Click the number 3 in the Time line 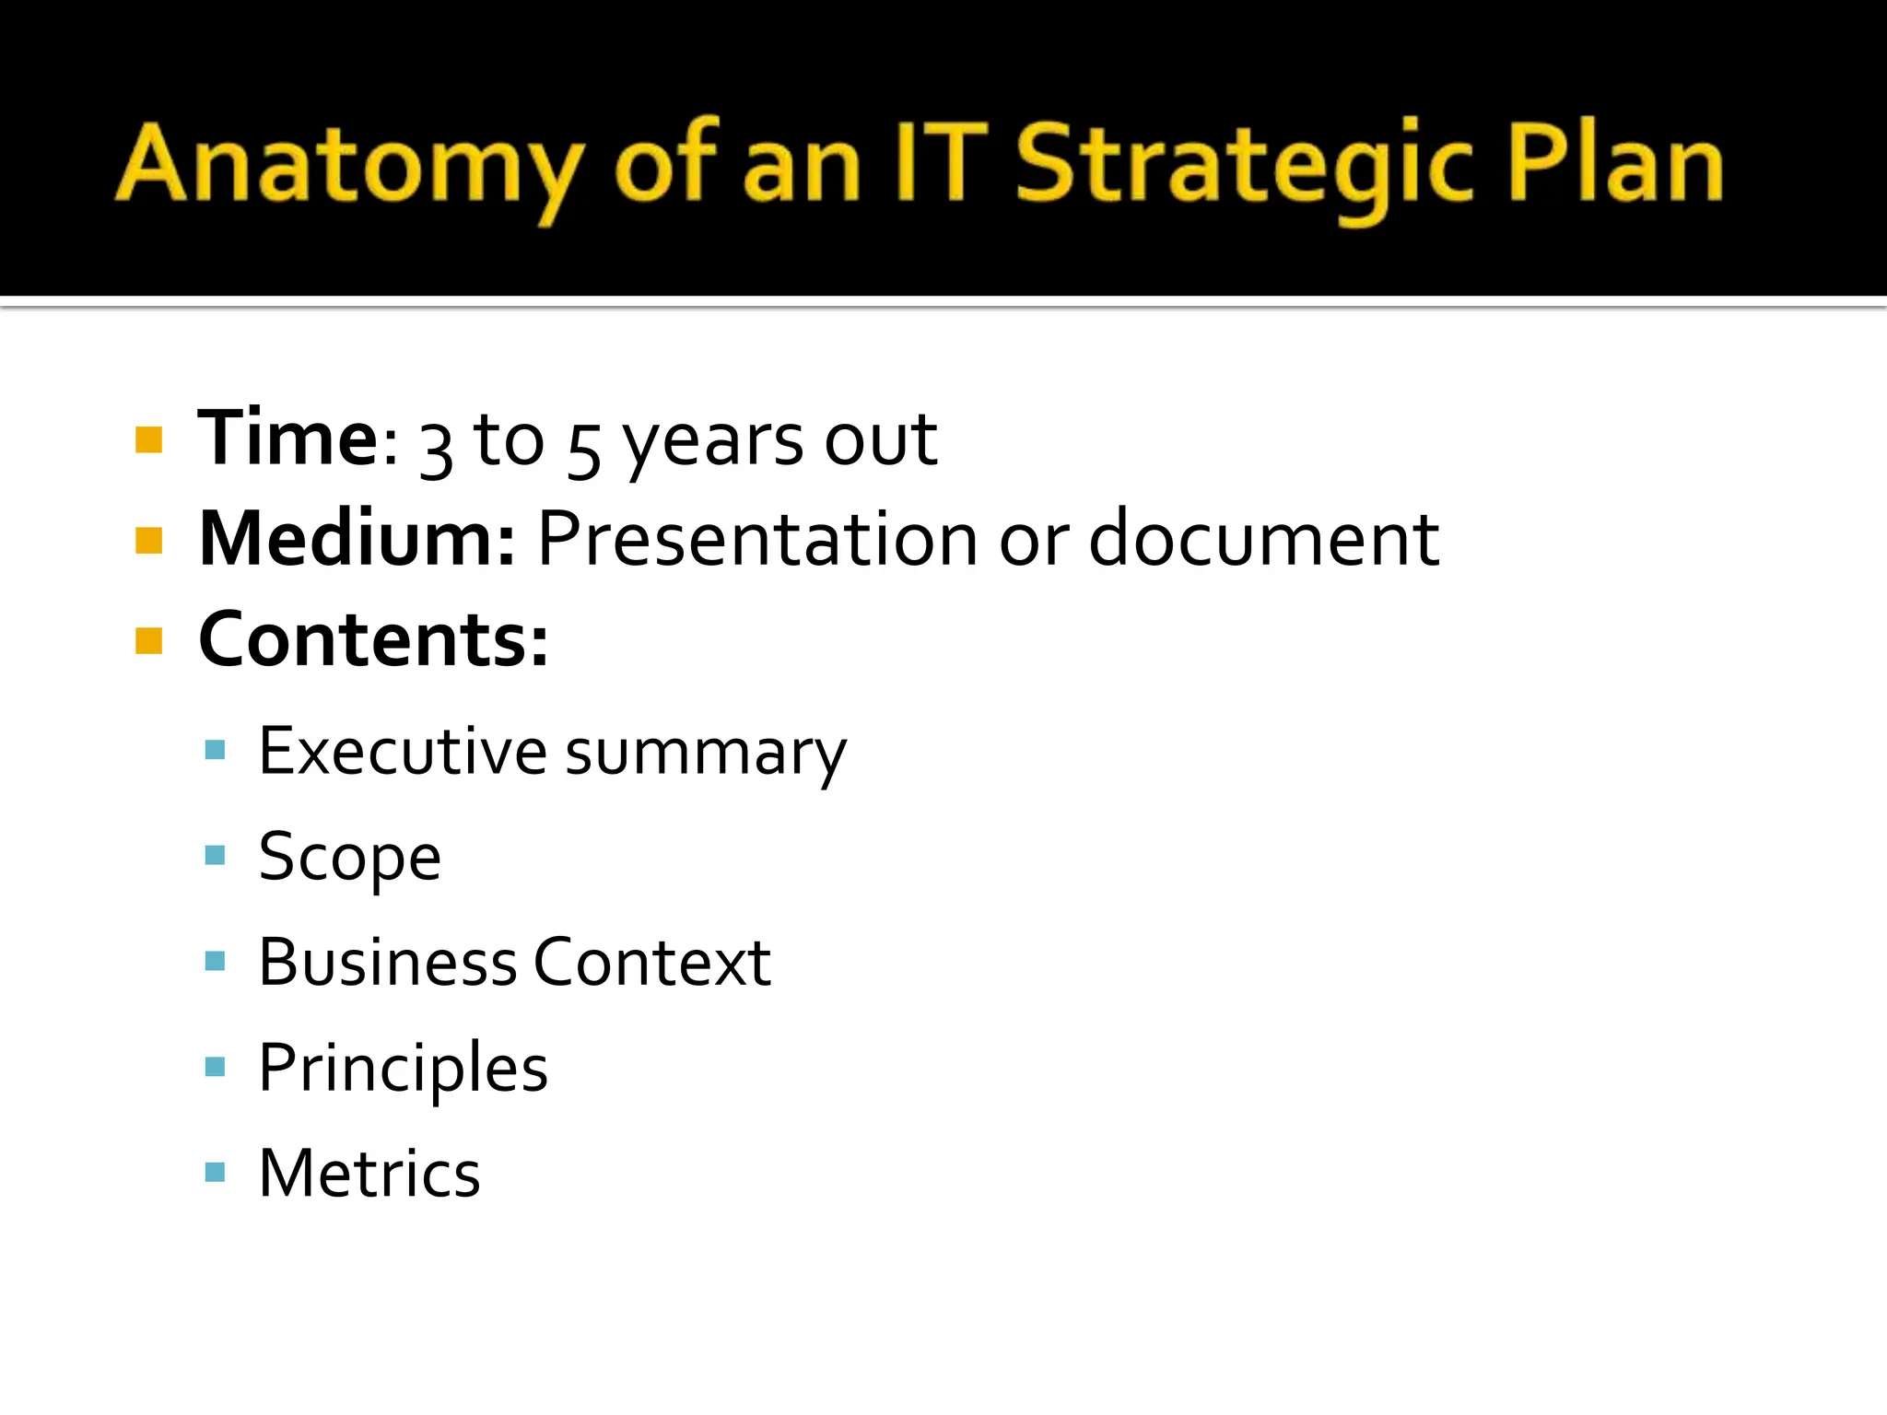436,448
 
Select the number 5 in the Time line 583,448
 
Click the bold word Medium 356,539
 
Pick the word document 1263,539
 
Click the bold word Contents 372,639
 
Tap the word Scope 349,858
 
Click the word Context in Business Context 651,962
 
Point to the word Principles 403,1069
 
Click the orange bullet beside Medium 148,540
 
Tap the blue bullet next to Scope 216,856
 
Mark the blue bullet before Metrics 216,1172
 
